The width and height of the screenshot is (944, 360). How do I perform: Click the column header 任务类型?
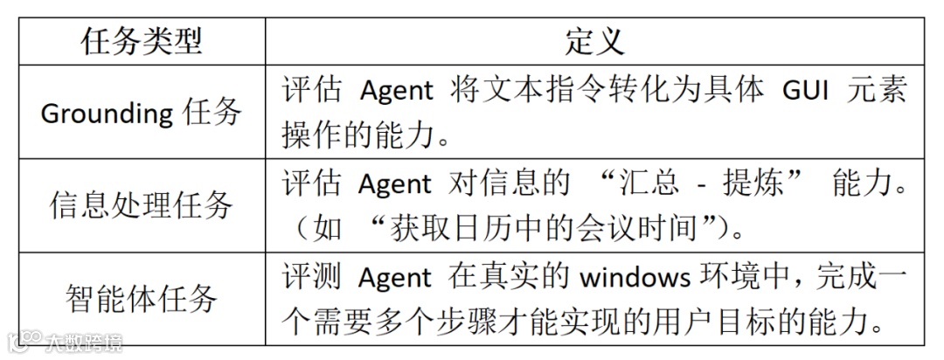[142, 41]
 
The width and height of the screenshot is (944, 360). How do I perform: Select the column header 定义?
[594, 41]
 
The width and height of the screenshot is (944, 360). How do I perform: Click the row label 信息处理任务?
[142, 206]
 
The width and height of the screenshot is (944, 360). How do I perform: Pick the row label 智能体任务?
[142, 300]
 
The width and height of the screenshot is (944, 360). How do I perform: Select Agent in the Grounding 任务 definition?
[396, 91]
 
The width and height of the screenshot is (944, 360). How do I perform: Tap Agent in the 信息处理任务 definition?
[396, 184]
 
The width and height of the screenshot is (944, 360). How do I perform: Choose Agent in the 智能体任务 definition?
[396, 277]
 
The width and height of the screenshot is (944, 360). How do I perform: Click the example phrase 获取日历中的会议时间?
[524, 230]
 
